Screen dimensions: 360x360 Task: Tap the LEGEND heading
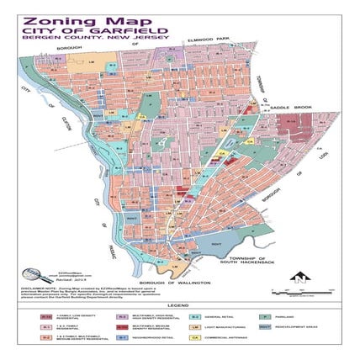(x=179, y=304)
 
